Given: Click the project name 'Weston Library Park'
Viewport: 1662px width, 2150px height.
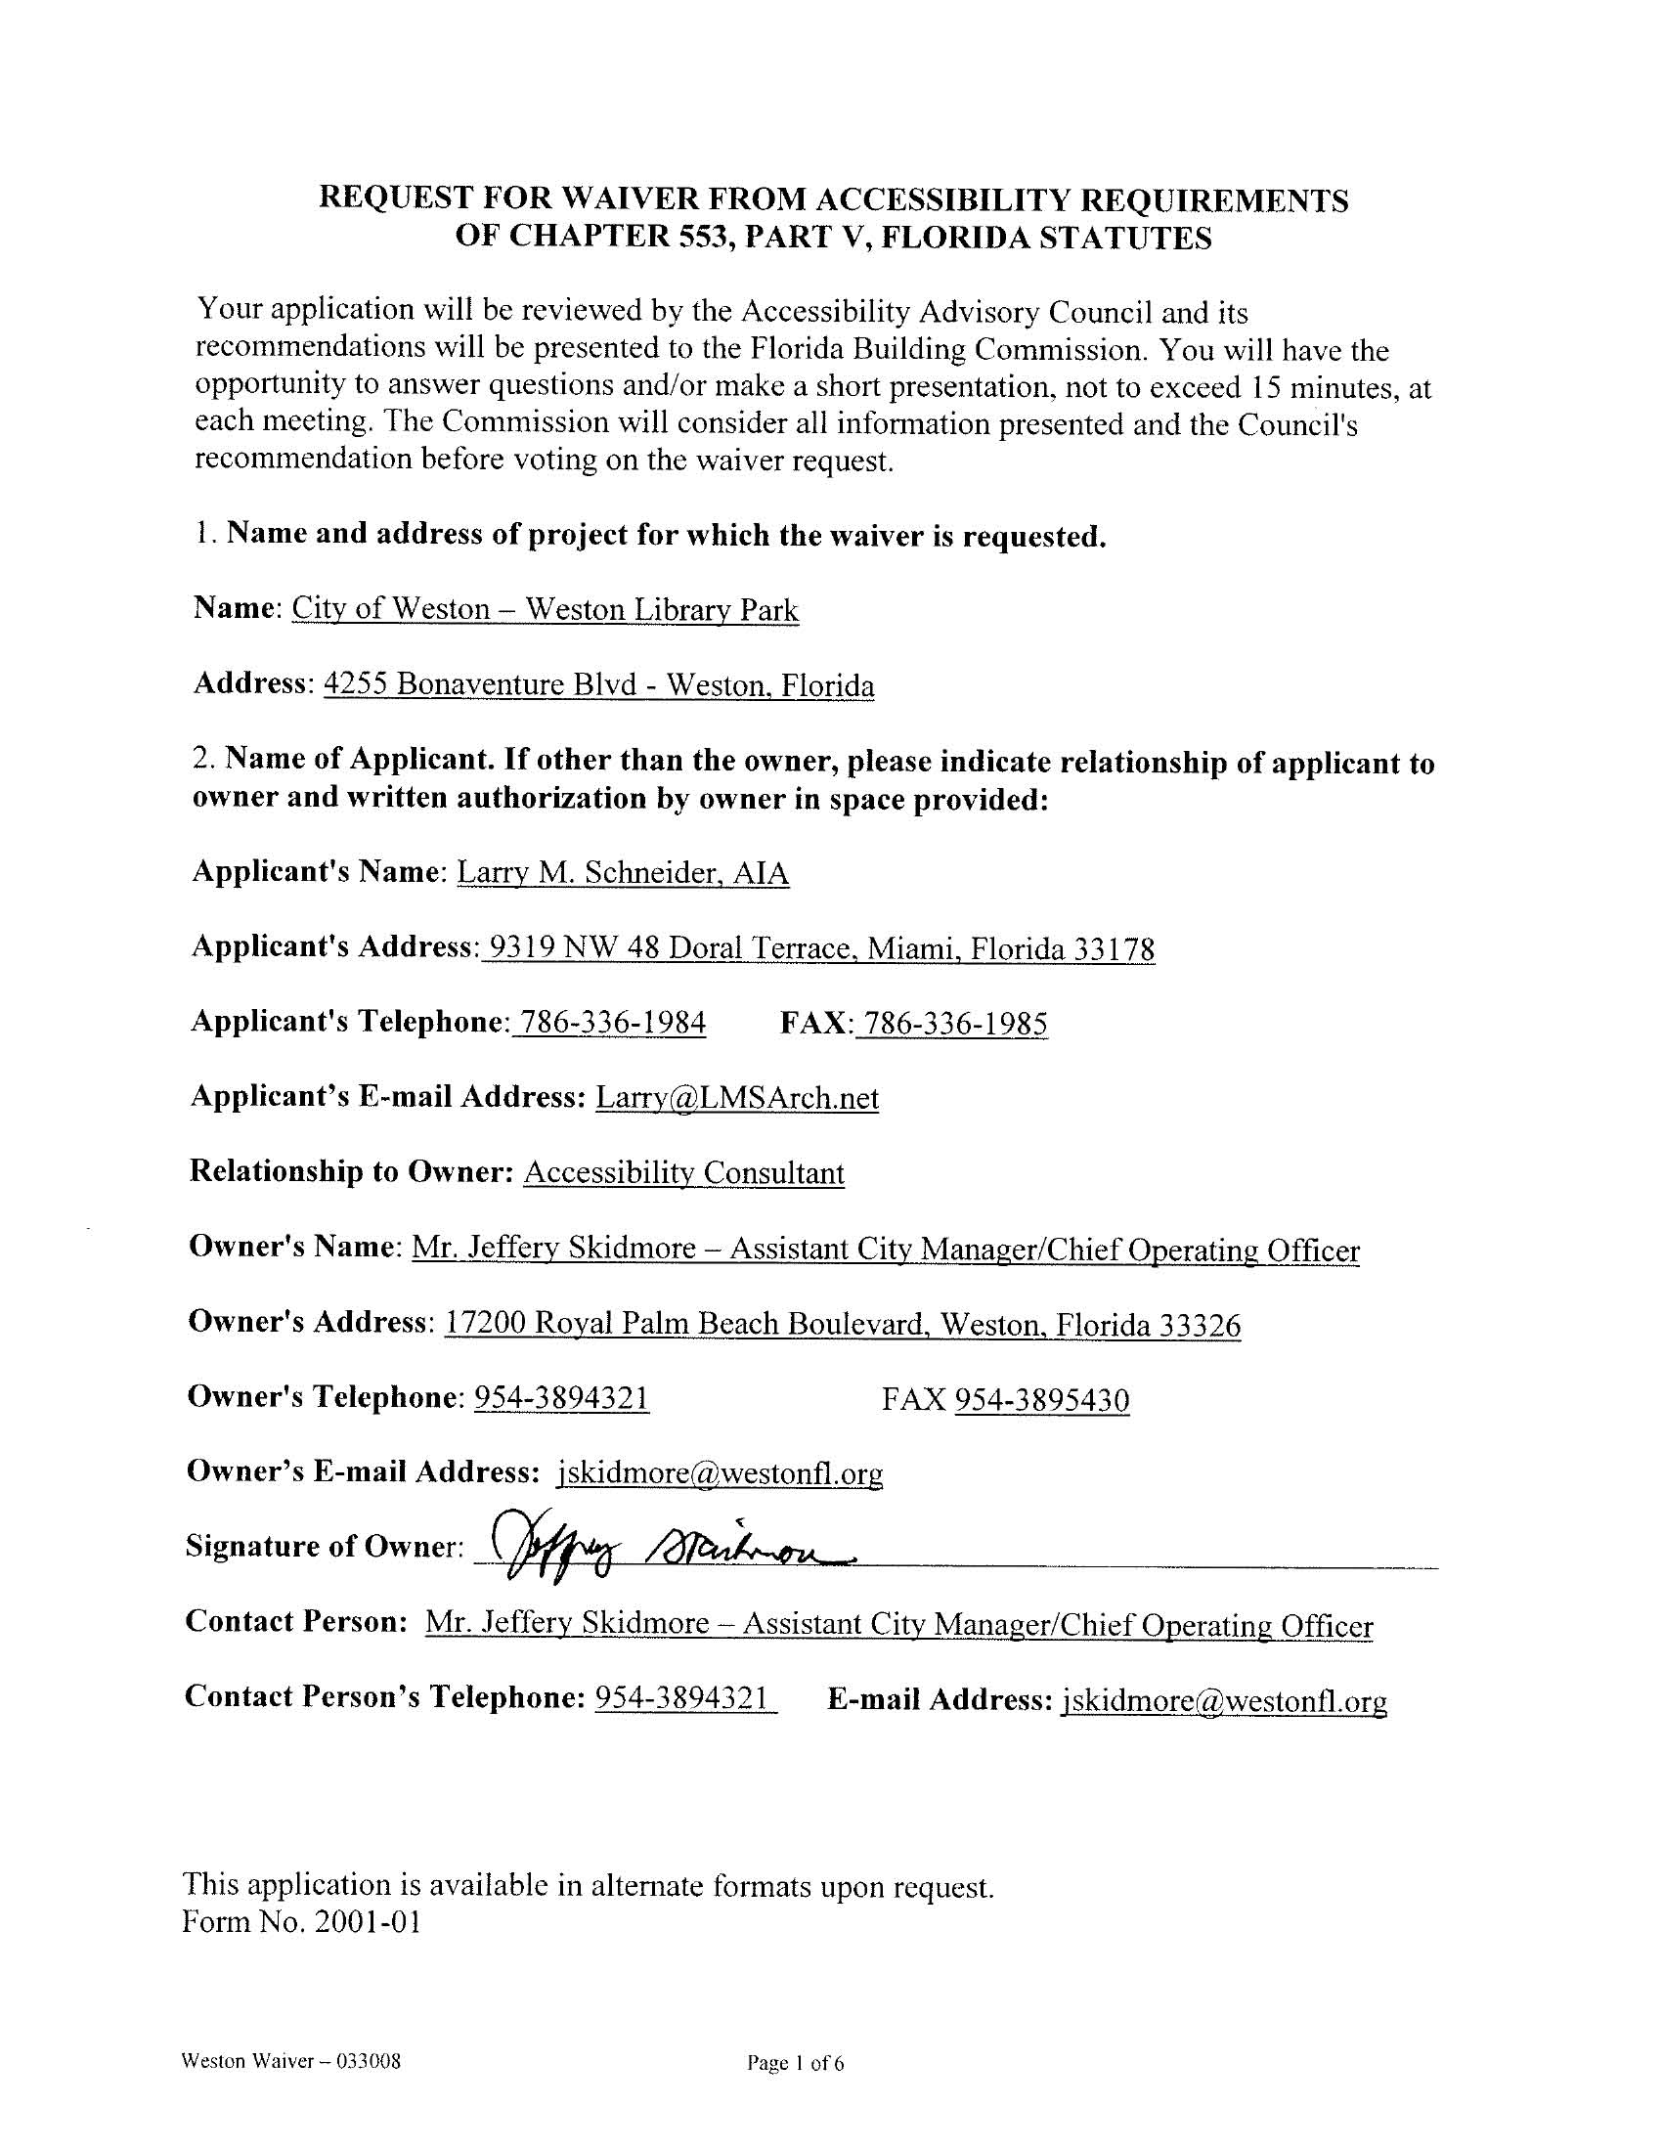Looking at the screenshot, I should tap(661, 609).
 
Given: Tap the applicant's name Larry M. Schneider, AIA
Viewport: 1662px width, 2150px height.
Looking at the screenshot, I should tap(622, 873).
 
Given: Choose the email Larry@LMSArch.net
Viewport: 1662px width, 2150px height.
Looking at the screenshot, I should tap(736, 1098).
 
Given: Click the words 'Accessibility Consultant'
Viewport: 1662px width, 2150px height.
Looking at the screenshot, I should tap(683, 1172).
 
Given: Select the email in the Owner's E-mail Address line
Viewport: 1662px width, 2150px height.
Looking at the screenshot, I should tap(720, 1472).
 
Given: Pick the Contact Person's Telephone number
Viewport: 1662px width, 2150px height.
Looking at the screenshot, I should tap(683, 1698).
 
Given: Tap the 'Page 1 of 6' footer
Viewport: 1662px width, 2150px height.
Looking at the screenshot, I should tap(795, 2062).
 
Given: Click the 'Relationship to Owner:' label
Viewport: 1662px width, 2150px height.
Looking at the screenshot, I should tap(350, 1171).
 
